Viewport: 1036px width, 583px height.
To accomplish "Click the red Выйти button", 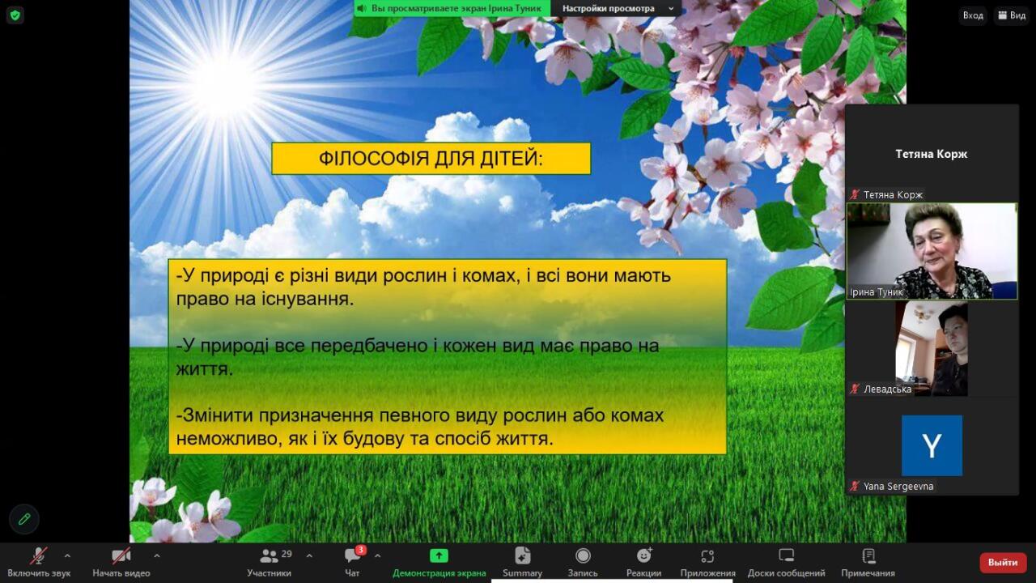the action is [x=1003, y=563].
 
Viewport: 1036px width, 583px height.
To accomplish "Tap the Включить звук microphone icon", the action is [x=39, y=555].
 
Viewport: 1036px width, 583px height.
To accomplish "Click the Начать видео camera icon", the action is [x=121, y=555].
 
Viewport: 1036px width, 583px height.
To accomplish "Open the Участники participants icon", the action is [x=269, y=555].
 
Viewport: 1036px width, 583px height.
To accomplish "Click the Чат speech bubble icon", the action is [x=352, y=555].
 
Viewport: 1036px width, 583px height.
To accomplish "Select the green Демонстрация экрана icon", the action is [x=439, y=555].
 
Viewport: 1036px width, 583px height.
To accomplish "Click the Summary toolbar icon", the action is [x=523, y=555].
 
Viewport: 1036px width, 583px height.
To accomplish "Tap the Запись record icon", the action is [x=583, y=555].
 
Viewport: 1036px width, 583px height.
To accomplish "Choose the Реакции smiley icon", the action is [x=643, y=555].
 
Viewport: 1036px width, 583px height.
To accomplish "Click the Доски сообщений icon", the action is [x=786, y=555].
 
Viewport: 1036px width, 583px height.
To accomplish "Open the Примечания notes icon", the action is [x=868, y=555].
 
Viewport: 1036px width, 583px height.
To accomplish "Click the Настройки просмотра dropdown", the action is [x=618, y=8].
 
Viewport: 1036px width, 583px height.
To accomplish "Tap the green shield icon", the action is [x=15, y=15].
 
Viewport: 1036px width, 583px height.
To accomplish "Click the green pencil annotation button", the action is [x=24, y=519].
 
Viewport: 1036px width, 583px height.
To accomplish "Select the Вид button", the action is [x=1012, y=15].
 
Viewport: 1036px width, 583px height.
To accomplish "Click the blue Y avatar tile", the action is [x=932, y=445].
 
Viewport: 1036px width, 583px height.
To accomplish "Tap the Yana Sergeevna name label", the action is [x=898, y=487].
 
